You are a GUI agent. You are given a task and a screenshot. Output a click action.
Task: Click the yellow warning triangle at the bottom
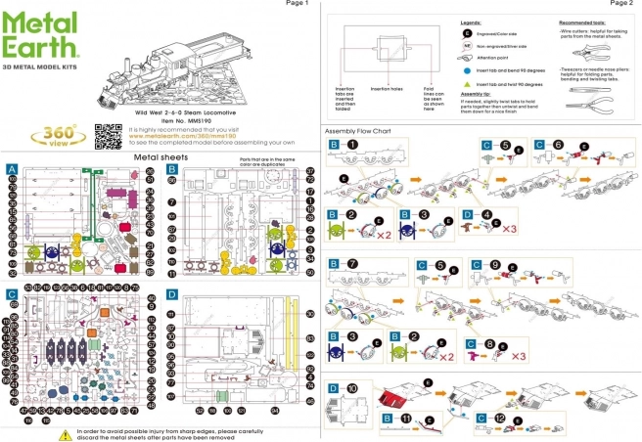click(65, 434)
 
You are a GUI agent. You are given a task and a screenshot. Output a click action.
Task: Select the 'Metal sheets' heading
click(159, 155)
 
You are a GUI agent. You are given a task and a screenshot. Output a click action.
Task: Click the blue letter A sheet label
click(11, 168)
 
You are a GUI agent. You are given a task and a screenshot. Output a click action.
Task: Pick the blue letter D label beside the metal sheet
click(171, 292)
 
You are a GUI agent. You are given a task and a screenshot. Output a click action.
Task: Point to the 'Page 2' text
click(619, 4)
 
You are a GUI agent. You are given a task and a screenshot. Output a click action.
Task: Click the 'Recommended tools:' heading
click(585, 21)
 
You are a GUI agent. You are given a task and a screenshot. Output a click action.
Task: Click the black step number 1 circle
click(352, 145)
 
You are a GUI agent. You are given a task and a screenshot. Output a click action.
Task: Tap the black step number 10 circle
click(353, 388)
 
